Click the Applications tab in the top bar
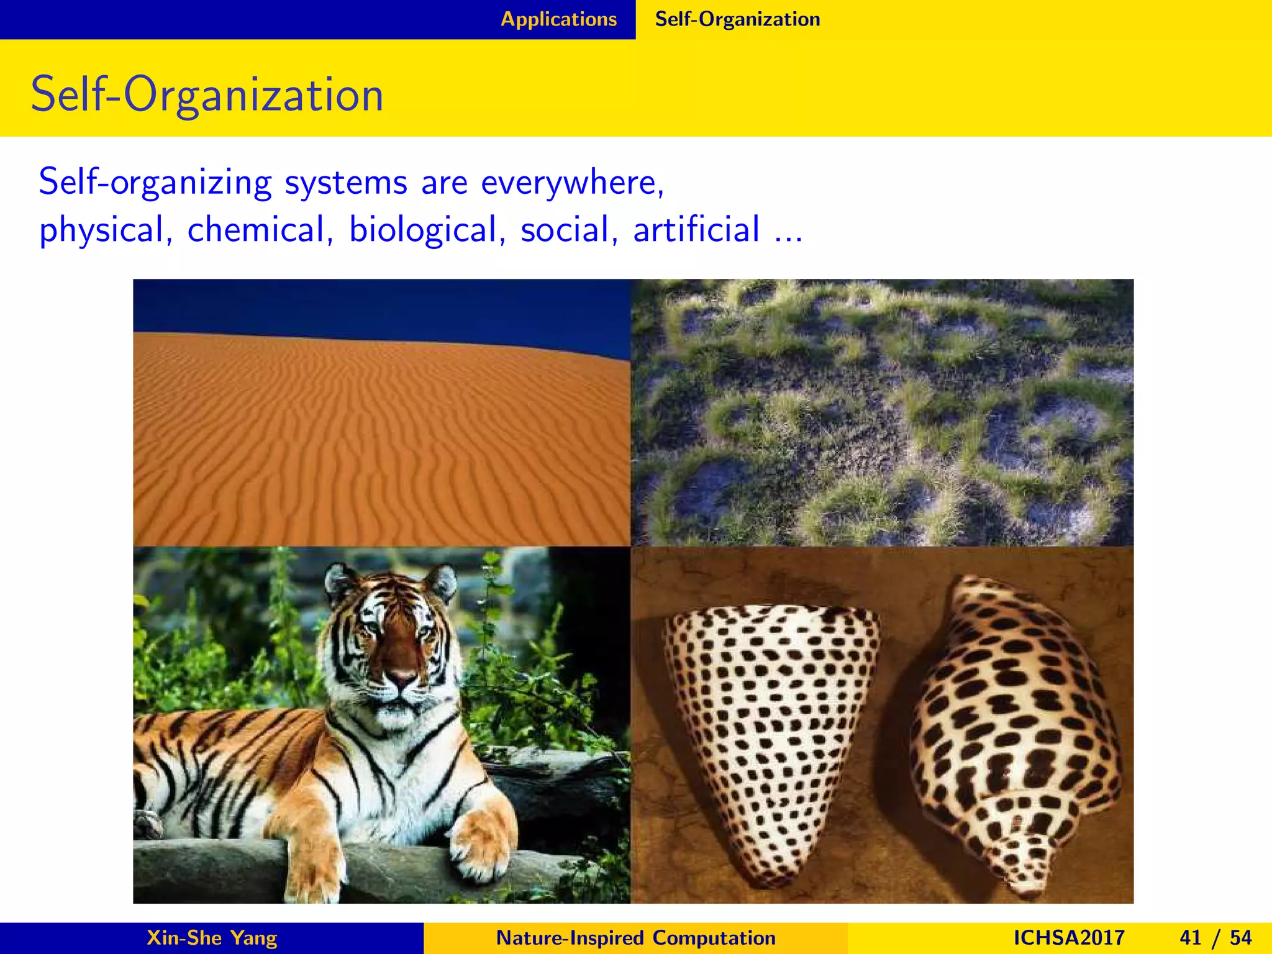pos(558,19)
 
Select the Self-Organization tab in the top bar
pos(737,19)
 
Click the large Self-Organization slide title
pos(207,94)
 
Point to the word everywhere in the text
pos(572,183)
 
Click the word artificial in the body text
pos(696,229)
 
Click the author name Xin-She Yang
pos(212,937)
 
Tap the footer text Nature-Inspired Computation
pos(636,937)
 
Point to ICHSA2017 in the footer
pos(1068,937)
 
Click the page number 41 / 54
pos(1215,937)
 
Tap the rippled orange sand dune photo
pos(373,447)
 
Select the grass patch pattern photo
pos(882,413)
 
